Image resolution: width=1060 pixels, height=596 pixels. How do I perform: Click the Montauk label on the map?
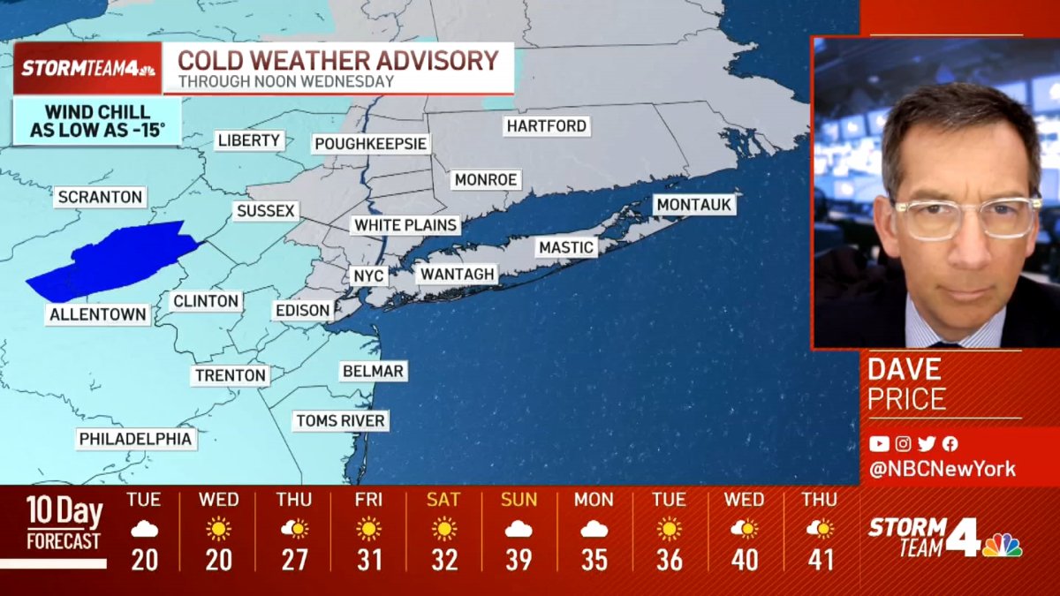click(694, 205)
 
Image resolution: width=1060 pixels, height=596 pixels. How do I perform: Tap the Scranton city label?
click(101, 197)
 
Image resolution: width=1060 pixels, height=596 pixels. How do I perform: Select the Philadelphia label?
click(135, 439)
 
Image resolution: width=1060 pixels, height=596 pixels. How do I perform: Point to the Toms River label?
click(340, 420)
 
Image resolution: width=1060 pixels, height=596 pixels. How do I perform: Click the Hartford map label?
click(546, 126)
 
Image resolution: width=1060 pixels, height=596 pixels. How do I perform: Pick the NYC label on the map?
click(368, 275)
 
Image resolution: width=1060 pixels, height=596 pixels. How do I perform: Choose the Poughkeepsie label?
click(371, 144)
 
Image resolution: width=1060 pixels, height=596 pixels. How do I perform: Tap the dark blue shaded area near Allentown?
click(115, 260)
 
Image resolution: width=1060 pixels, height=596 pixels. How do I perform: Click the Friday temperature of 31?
click(368, 561)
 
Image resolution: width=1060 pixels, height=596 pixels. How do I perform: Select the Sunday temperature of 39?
click(519, 561)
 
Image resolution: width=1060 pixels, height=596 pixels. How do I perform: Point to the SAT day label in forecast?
click(443, 500)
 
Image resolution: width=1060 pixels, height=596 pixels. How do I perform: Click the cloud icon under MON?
click(594, 529)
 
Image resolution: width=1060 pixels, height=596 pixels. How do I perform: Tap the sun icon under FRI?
click(368, 529)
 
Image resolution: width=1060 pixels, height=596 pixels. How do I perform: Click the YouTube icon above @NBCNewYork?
click(878, 444)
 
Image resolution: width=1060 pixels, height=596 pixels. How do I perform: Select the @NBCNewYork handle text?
click(943, 469)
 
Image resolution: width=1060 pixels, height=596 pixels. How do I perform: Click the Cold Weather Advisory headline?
click(338, 60)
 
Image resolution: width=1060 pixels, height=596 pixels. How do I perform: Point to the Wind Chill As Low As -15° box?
click(97, 122)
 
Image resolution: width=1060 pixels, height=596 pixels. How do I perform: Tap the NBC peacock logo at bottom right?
click(1002, 545)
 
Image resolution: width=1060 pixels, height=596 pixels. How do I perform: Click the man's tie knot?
click(948, 343)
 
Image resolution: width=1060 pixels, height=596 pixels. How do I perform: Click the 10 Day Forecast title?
click(64, 523)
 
